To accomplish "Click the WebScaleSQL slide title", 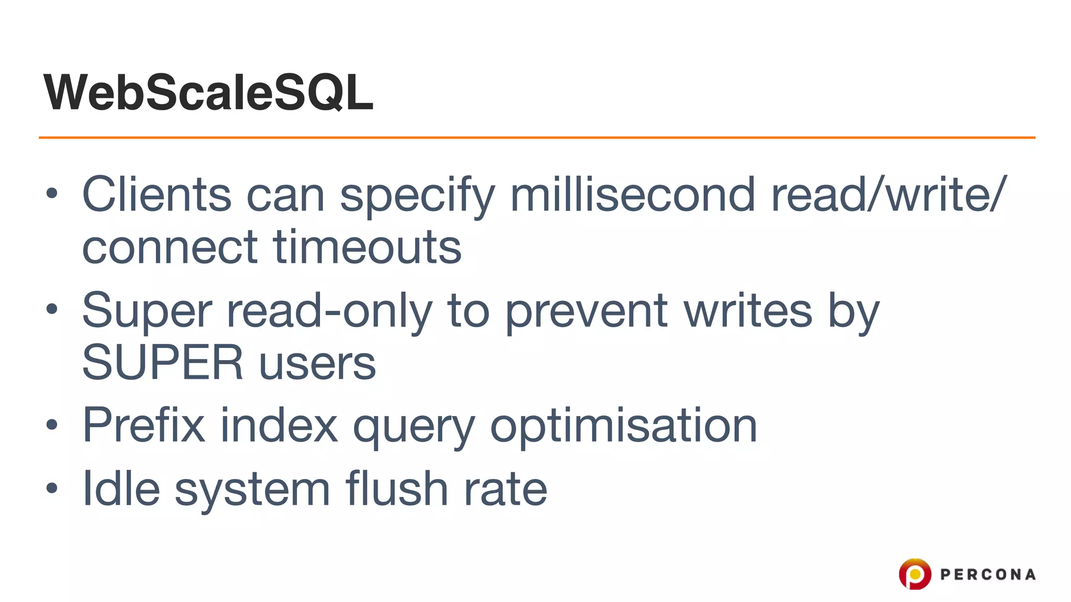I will point(208,92).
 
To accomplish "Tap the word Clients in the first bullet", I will point(156,194).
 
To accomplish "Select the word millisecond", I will point(632,194).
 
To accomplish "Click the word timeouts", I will point(367,247).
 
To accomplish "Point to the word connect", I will point(170,247).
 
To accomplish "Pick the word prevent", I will point(586,310).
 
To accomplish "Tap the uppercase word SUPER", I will point(163,363).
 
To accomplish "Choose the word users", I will point(317,363).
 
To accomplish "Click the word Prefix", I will point(144,425).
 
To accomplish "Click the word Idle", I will point(121,489).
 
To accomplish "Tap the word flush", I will point(396,489).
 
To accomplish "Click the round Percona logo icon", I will point(915,574).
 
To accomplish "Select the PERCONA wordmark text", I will point(988,575).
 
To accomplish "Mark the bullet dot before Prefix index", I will point(51,425).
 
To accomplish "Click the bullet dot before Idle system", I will point(51,489).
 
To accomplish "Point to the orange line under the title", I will point(537,137).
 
